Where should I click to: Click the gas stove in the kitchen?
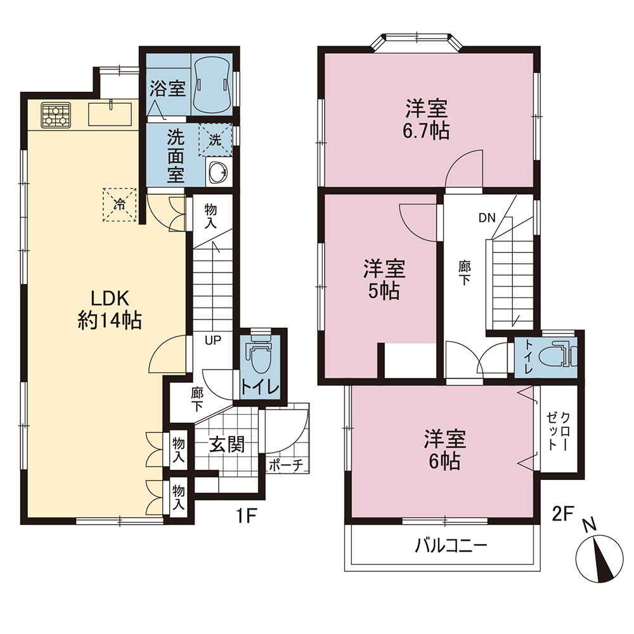click(x=56, y=115)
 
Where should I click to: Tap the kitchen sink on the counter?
click(x=110, y=114)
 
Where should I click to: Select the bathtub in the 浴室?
click(x=212, y=86)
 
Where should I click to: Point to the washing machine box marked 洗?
click(x=215, y=140)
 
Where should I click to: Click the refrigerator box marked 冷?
click(x=119, y=205)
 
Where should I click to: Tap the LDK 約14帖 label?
click(x=109, y=310)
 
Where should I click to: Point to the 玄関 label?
click(x=227, y=445)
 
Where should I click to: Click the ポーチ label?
click(x=285, y=466)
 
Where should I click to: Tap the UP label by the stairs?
click(x=213, y=340)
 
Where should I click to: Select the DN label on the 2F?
click(x=487, y=218)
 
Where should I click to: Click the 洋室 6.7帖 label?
click(x=427, y=119)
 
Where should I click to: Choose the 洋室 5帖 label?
click(x=384, y=280)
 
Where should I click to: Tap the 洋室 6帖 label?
click(x=445, y=450)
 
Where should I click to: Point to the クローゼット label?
click(x=559, y=431)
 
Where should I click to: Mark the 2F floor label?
click(x=563, y=514)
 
